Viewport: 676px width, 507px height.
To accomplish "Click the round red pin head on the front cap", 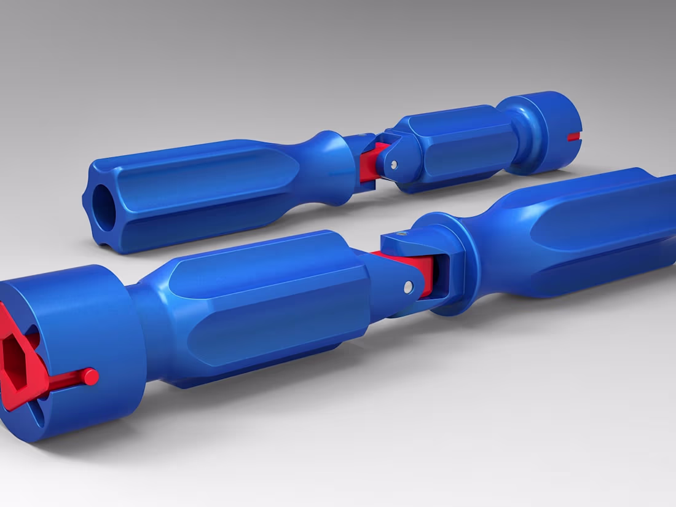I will tap(90, 376).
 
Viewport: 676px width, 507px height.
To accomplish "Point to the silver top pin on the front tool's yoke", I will tap(401, 234).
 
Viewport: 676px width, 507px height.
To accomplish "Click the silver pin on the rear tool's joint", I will tap(393, 164).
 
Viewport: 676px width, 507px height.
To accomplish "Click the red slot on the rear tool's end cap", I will tap(573, 136).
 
